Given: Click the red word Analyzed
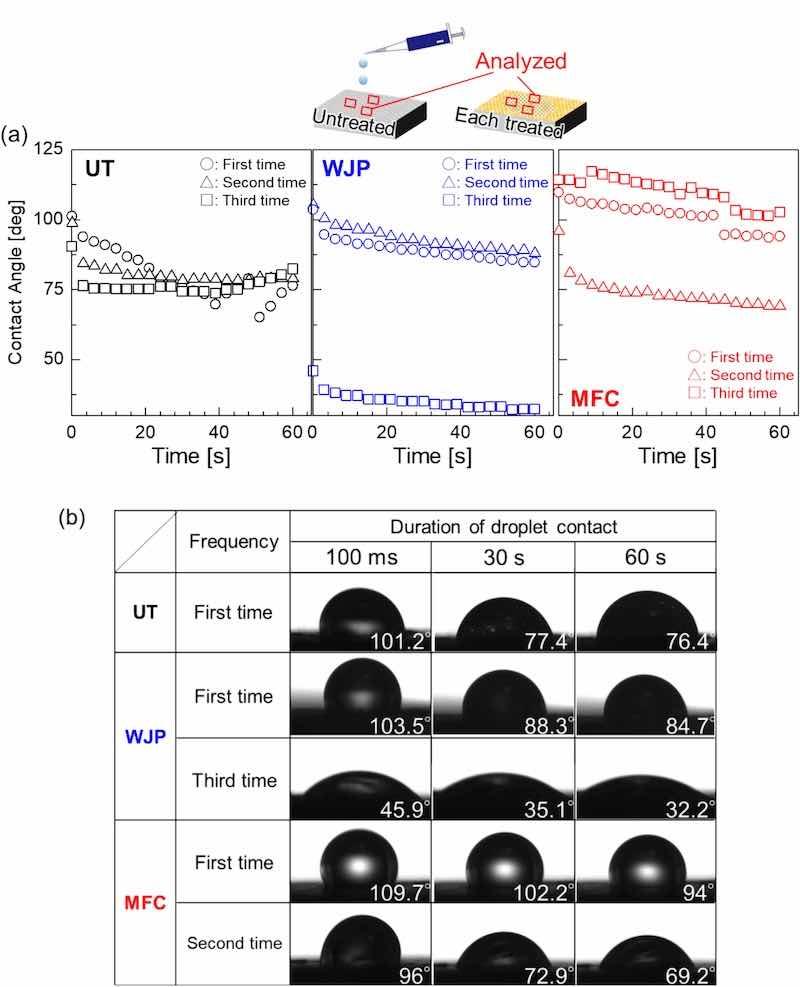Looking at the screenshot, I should pos(521,61).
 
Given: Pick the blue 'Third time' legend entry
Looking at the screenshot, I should pos(494,200).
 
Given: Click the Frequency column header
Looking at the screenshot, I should pos(233,542).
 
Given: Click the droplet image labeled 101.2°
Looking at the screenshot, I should pos(360,611).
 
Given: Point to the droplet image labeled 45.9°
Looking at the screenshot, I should pos(360,776).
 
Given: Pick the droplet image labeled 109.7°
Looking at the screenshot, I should pos(360,860).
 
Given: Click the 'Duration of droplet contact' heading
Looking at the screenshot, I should pos(502,525).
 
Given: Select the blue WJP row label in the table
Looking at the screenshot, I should pos(146,735).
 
